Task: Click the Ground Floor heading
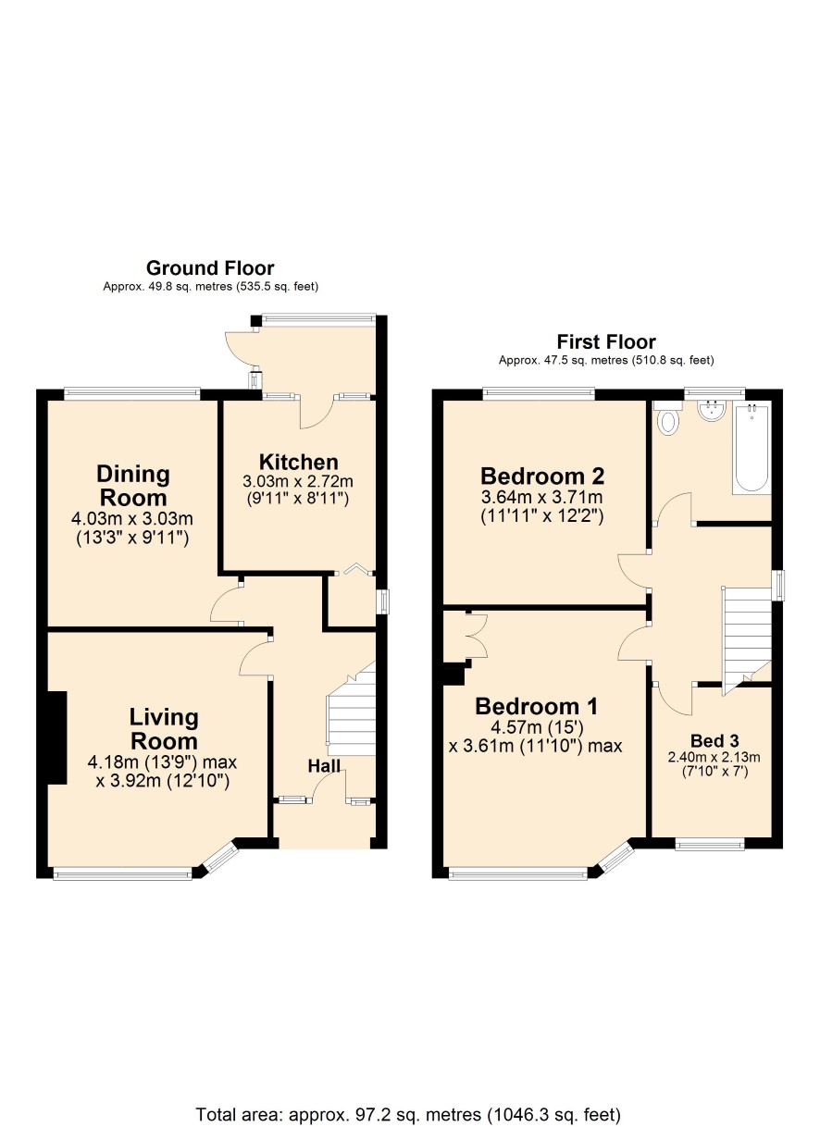point(210,268)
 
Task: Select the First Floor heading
point(606,342)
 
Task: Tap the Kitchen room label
point(299,462)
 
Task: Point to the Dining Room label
point(133,486)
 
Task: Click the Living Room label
point(164,729)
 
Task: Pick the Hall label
point(324,766)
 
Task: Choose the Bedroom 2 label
point(542,476)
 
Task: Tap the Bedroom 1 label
point(537,706)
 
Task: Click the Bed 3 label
point(714,740)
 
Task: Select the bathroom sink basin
point(712,410)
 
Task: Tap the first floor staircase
point(747,639)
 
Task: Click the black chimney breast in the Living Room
point(56,737)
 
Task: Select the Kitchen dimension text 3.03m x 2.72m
point(298,481)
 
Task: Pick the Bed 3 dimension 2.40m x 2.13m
point(714,757)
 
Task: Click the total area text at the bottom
point(408,1114)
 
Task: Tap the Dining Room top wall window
point(132,394)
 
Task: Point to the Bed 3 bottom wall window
point(709,843)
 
